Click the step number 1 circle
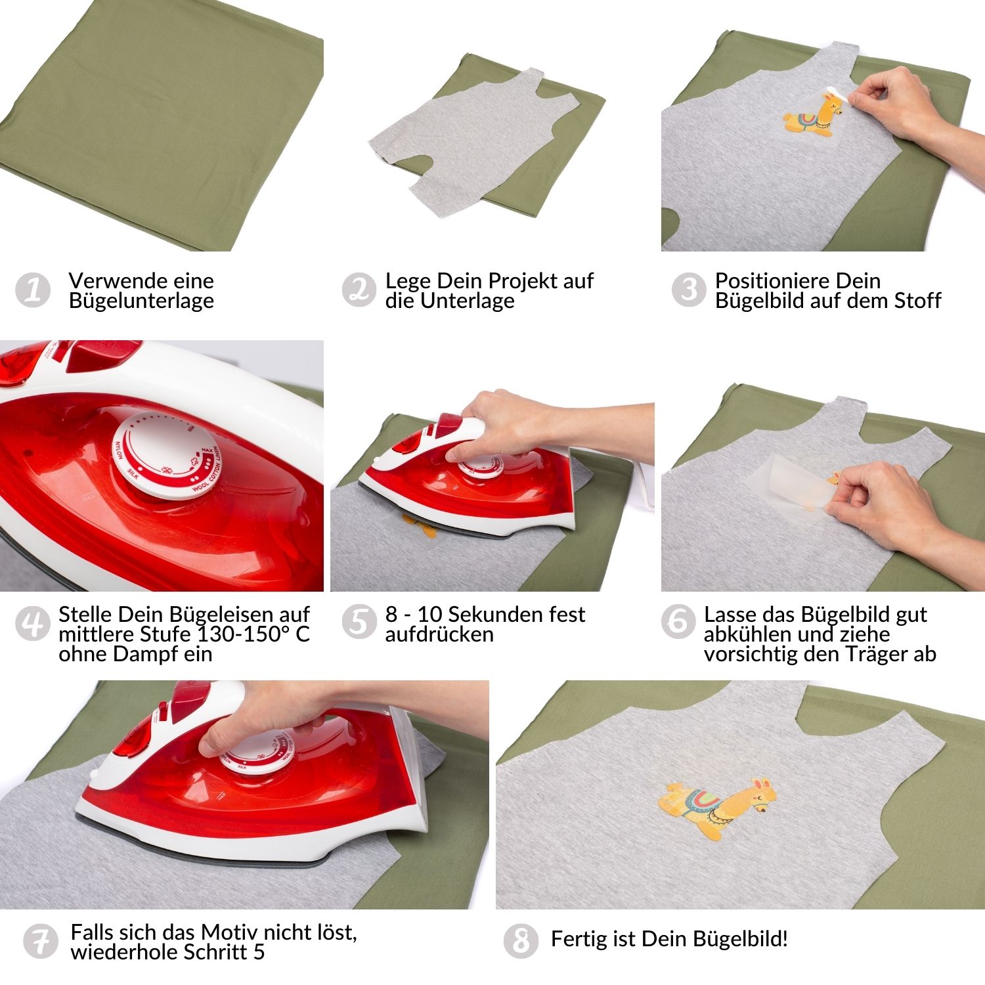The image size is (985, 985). pyautogui.click(x=32, y=290)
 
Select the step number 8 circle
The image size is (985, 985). pyautogui.click(x=521, y=940)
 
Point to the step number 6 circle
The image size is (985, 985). pyautogui.click(x=678, y=621)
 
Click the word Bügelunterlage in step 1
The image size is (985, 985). pyautogui.click(x=141, y=301)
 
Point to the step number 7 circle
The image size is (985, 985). pyautogui.click(x=40, y=940)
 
